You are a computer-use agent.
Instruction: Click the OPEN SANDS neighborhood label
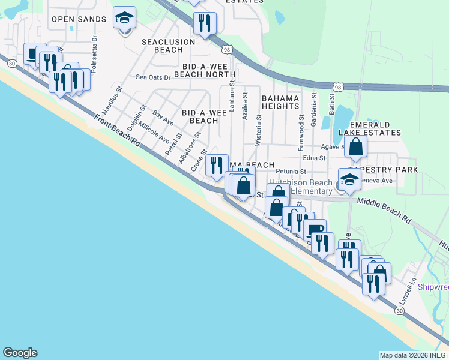pos(79,19)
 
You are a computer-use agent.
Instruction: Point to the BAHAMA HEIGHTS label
pos(280,102)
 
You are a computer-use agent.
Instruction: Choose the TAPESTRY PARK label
pos(387,170)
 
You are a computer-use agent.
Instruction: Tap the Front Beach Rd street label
pos(116,132)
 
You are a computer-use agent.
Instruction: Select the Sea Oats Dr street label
pos(153,77)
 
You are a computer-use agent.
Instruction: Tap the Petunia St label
pos(291,171)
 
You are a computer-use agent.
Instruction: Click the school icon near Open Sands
pos(125,19)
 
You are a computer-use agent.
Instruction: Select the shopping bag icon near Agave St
pos(355,147)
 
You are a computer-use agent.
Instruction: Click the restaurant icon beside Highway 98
pos(205,24)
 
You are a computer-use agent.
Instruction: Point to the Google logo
pos(20,353)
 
